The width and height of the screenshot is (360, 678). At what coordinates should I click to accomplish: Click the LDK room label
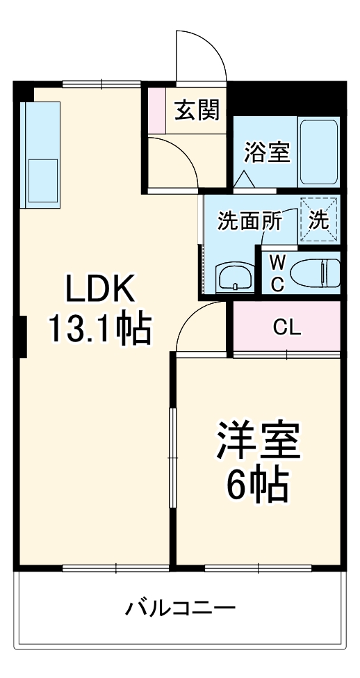[x=98, y=290]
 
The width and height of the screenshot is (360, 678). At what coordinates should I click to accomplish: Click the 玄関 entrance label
[x=196, y=109]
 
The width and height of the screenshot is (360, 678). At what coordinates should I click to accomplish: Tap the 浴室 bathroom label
[x=266, y=152]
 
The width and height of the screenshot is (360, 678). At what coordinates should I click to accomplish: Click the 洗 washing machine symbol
[x=319, y=220]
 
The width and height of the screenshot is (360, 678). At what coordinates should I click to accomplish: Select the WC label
[x=277, y=273]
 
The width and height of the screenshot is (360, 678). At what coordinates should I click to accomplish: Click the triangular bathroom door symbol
[x=243, y=179]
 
